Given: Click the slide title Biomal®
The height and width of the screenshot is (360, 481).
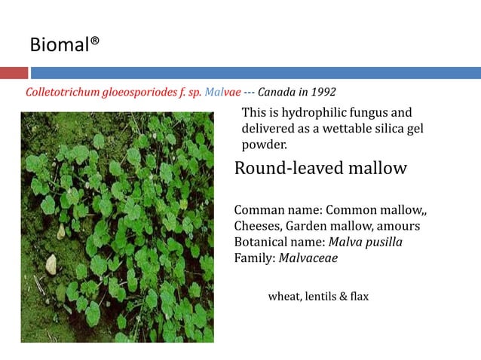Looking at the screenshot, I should coord(65,46).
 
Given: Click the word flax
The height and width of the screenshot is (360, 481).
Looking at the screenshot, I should coord(359,297).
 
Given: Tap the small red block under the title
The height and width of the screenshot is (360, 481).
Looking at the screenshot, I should coord(14,73).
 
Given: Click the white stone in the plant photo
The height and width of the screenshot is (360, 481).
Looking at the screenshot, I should coord(51,264).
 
